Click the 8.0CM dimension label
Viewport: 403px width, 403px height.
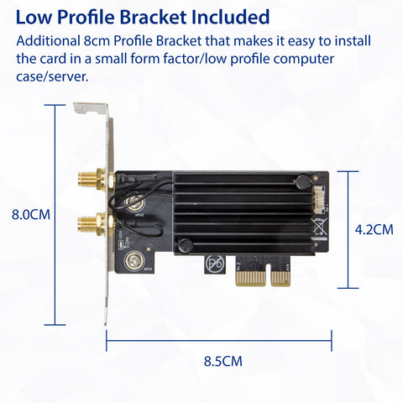coord(31,215)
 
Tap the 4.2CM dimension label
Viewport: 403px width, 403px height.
coord(374,230)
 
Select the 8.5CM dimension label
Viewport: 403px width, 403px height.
coord(223,361)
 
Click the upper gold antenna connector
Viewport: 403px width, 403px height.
coord(94,180)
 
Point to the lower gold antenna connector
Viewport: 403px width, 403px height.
coord(94,224)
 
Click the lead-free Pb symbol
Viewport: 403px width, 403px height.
coord(215,263)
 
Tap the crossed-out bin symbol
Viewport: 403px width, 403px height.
coord(319,226)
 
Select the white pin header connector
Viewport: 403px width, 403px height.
coord(319,198)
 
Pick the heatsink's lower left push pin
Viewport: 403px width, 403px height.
coord(186,245)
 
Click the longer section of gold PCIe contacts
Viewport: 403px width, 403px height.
coord(250,278)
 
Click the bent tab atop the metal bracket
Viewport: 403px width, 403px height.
coord(90,108)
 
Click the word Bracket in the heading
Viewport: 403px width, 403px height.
coord(154,17)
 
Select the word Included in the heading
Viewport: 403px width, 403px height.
coord(231,17)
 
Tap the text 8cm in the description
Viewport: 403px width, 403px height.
coord(97,41)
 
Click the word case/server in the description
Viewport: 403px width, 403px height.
coord(52,76)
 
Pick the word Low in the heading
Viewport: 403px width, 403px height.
coord(34,17)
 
